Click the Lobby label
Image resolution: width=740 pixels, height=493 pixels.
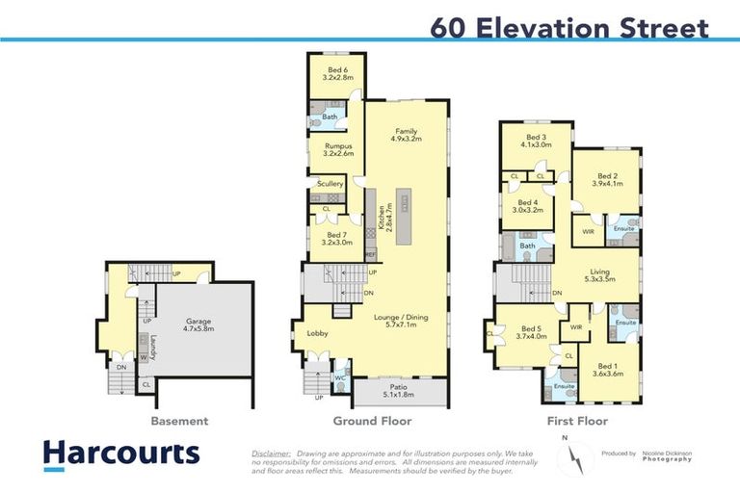(318, 333)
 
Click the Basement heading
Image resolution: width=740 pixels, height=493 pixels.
(179, 422)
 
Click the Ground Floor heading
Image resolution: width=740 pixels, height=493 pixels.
(372, 422)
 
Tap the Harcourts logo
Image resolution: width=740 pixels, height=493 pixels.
(120, 454)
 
